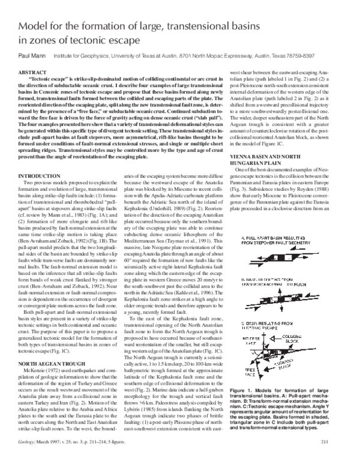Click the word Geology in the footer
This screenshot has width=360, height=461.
click(30, 441)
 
